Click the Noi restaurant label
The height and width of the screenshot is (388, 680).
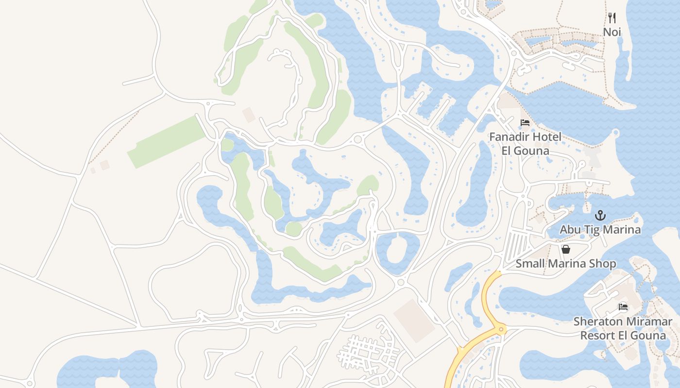(612, 32)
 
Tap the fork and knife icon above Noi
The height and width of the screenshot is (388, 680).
(612, 18)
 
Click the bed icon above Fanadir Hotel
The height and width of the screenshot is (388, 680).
(525, 123)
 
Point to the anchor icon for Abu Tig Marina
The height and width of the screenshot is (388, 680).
(600, 215)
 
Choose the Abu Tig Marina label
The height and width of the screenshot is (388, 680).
(600, 229)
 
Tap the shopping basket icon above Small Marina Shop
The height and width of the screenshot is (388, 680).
(566, 249)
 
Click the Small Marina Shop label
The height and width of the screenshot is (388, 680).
(566, 263)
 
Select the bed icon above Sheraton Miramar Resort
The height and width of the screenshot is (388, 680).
(623, 307)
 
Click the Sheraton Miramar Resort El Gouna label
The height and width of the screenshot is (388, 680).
(623, 328)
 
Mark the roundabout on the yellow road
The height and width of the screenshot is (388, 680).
(501, 330)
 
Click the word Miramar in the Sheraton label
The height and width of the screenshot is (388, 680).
(648, 322)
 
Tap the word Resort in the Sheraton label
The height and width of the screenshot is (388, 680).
(599, 336)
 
